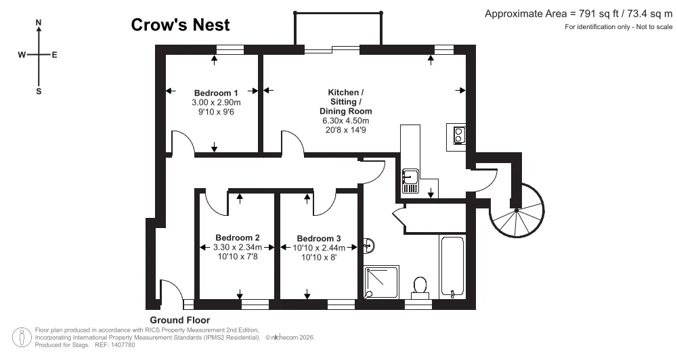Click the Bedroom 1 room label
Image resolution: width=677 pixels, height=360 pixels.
216,93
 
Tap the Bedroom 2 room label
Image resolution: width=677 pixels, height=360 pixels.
238,238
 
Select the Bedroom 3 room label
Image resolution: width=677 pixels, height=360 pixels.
319,238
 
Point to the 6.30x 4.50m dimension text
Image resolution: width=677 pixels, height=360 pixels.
346,120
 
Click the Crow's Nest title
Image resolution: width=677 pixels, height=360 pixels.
181,24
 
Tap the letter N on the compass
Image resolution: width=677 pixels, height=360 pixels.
39,22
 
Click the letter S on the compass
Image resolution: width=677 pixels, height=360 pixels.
39,91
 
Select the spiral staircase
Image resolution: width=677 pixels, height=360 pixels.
517,210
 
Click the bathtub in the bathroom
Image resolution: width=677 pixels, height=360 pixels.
452,267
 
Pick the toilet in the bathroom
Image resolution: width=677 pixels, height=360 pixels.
420,288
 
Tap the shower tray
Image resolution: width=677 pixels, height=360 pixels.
381,282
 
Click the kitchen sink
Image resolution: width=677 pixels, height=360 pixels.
410,181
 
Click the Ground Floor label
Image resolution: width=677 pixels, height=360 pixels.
180,320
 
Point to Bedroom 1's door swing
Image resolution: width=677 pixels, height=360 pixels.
183,143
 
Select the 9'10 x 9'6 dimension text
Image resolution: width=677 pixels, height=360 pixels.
216,112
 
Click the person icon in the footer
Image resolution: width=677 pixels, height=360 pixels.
22,338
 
